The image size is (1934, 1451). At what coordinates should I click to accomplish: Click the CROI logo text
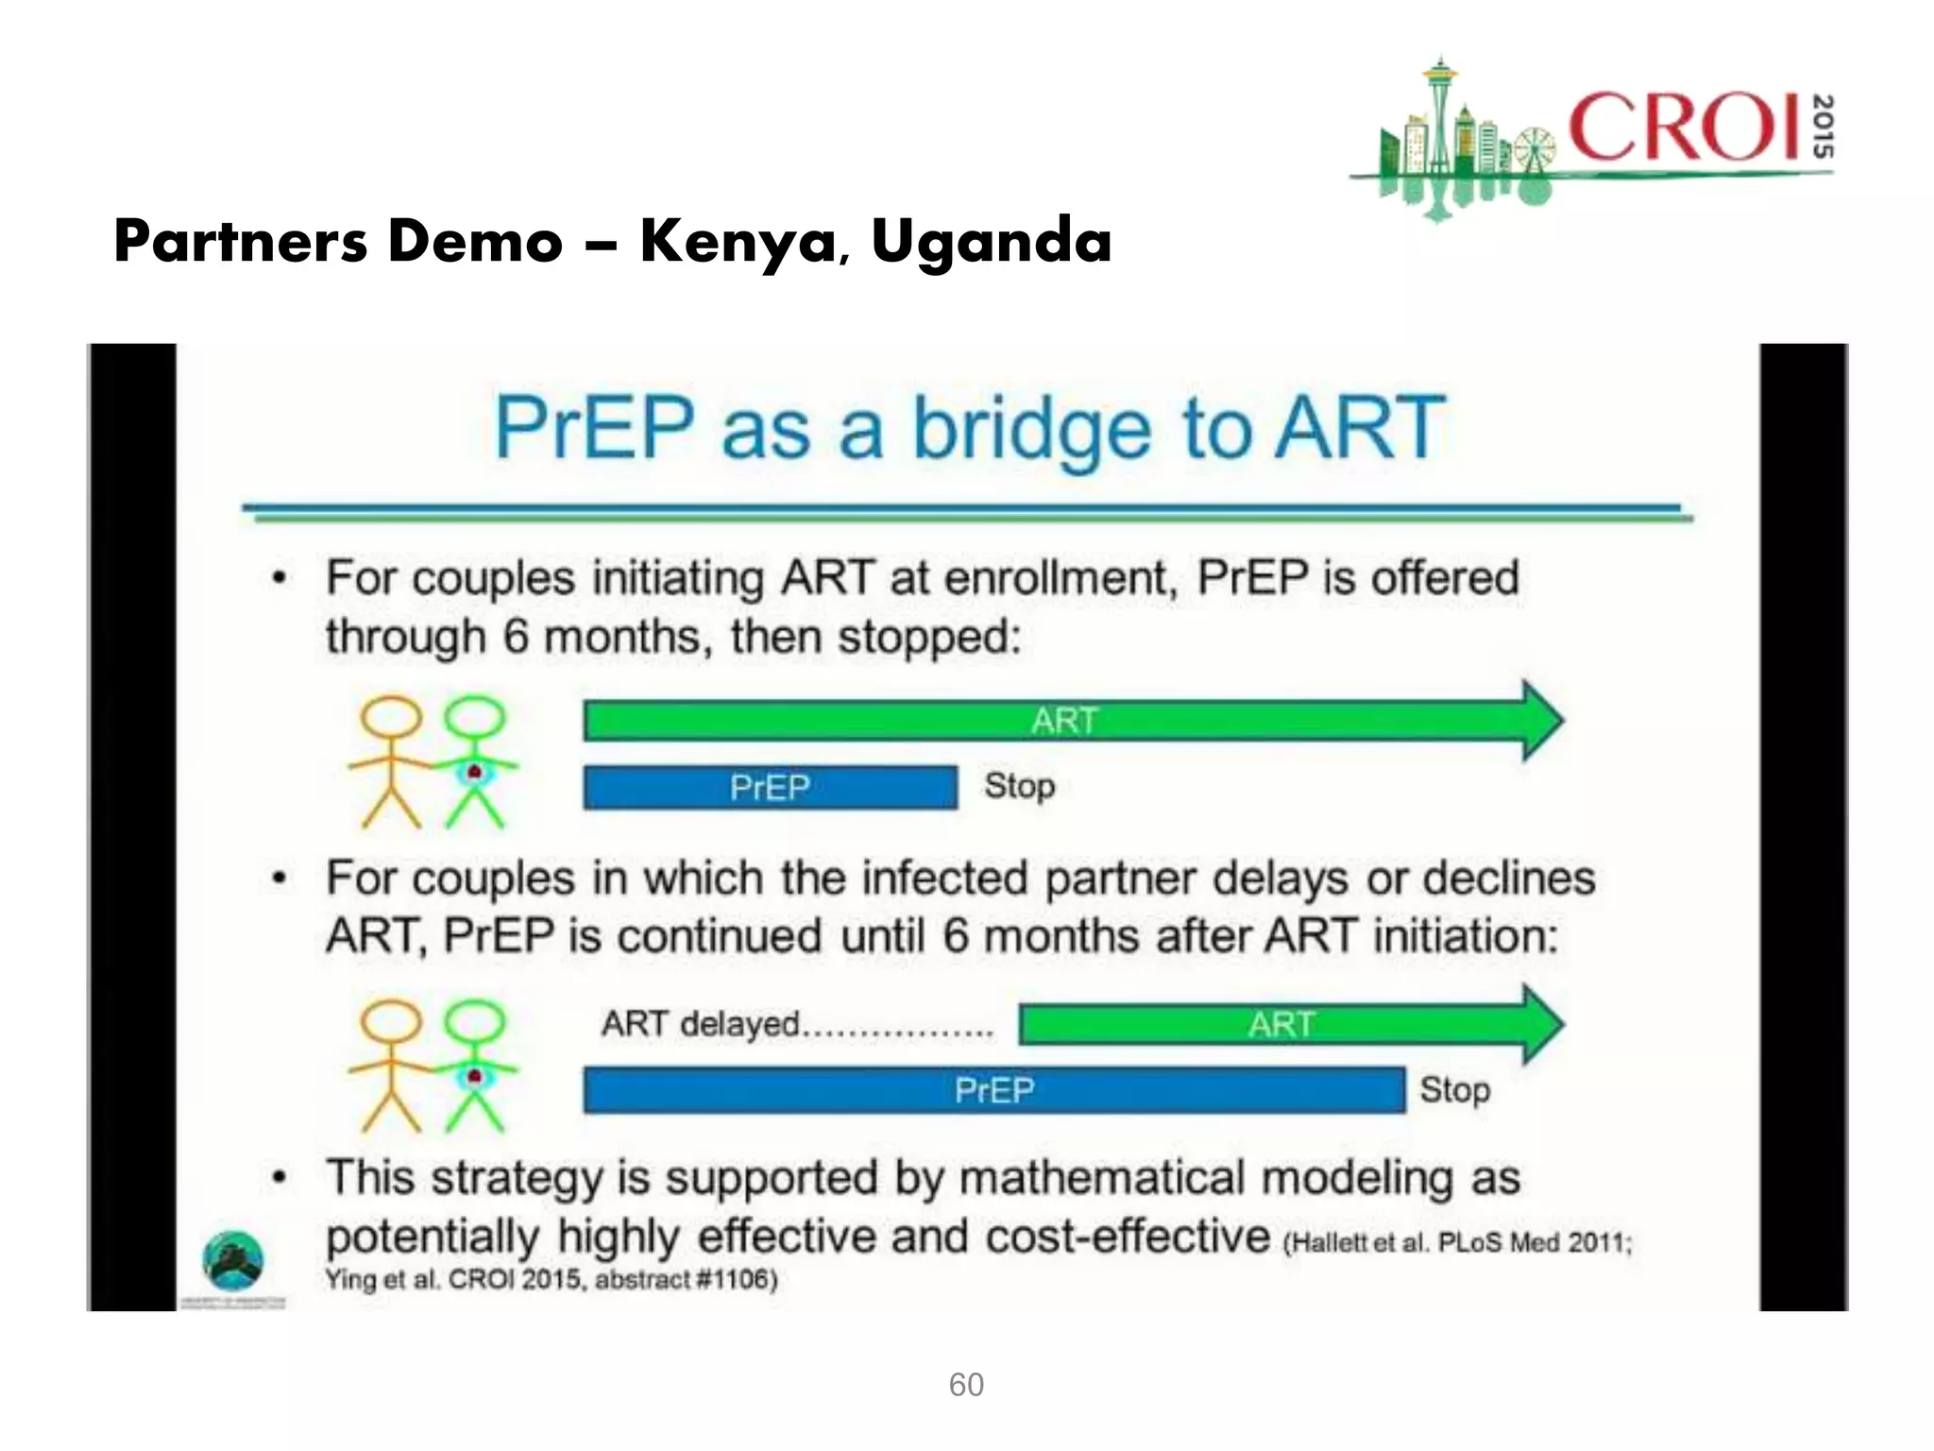(x=1684, y=128)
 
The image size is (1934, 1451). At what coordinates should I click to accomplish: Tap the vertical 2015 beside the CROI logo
(x=1823, y=127)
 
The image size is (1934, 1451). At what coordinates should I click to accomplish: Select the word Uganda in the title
(x=991, y=242)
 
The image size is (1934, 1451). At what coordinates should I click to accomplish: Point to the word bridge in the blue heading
(x=1031, y=430)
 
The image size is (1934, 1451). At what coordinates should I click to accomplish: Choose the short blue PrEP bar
(x=770, y=787)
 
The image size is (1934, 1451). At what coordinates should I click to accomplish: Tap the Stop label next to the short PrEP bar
(x=1019, y=785)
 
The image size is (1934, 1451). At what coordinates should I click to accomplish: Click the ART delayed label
(x=701, y=1023)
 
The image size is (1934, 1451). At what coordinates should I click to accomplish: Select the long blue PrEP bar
(x=993, y=1090)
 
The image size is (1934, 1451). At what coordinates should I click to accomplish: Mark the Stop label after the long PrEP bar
(x=1454, y=1089)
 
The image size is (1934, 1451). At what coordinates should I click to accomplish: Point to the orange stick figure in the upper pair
(x=392, y=761)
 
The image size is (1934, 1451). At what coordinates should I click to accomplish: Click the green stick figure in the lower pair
(x=475, y=1065)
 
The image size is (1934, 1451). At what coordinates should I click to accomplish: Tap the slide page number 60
(x=966, y=1384)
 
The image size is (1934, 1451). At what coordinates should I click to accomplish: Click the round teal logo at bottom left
(x=233, y=1261)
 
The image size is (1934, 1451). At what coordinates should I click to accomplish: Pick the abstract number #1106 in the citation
(x=737, y=1279)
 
